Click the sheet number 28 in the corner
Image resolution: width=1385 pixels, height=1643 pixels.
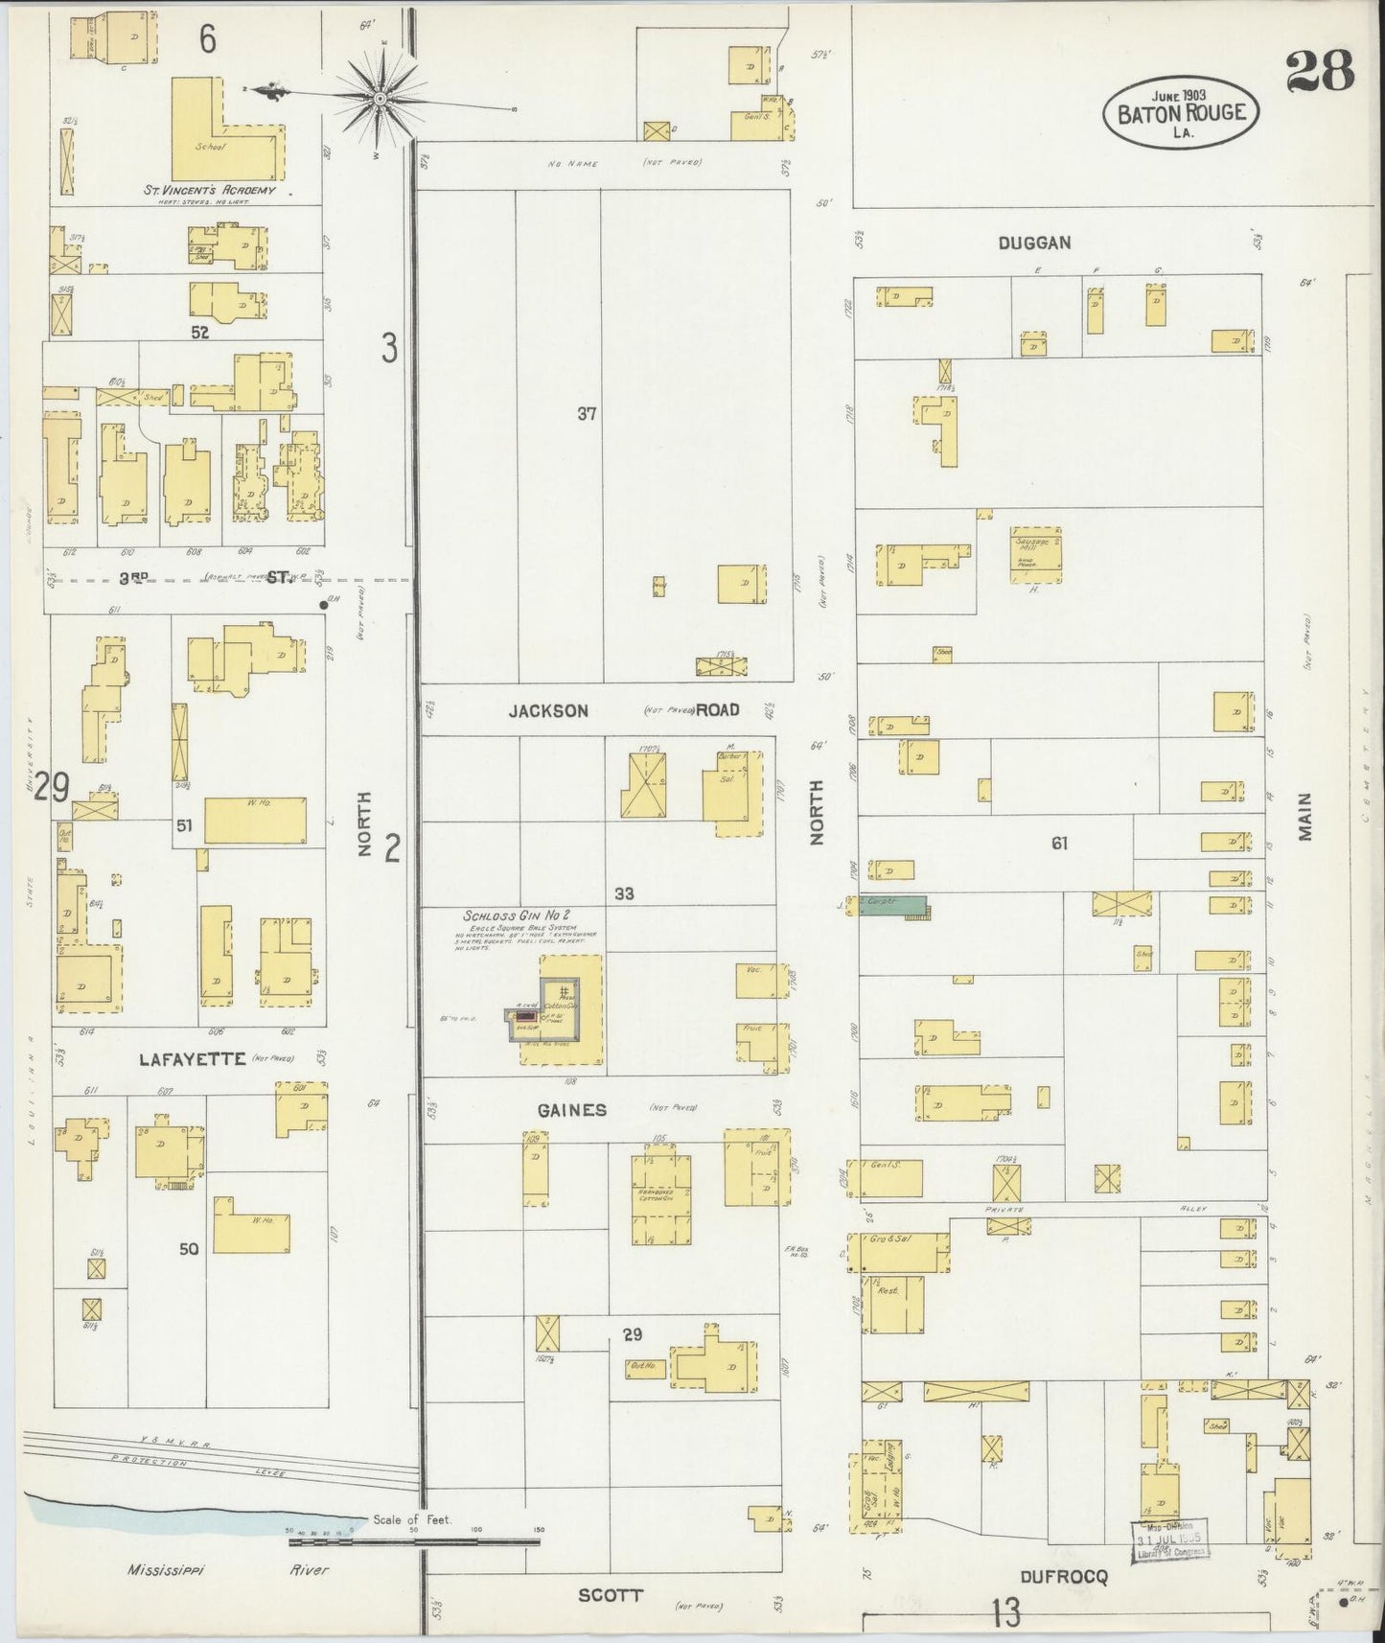pos(1320,71)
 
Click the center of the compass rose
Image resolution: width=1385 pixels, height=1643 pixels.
pos(381,96)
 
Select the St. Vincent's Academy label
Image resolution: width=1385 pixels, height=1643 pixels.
pos(209,190)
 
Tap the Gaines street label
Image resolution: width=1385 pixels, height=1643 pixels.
pos(572,1110)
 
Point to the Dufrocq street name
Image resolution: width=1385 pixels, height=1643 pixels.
pos(1063,1575)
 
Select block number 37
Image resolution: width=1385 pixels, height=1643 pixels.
pos(587,414)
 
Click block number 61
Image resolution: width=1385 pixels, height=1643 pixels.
pos(1058,844)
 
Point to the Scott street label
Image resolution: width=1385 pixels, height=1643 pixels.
pos(611,1595)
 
